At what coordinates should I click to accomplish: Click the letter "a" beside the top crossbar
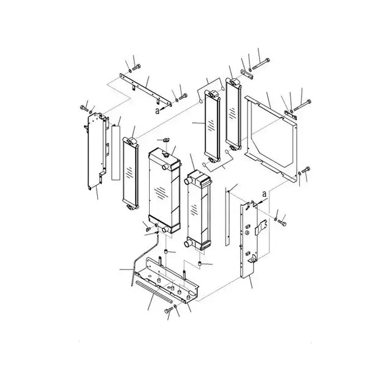[x=157, y=111]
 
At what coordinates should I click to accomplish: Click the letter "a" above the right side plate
[x=264, y=194]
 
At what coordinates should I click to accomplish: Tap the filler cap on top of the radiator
[x=165, y=155]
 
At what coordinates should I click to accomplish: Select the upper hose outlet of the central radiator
[x=164, y=167]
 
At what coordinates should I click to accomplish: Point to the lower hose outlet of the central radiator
[x=164, y=230]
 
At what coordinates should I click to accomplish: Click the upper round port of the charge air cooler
[x=188, y=181]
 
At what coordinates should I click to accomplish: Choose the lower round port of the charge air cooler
[x=188, y=243]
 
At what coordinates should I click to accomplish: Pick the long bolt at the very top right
[x=261, y=64]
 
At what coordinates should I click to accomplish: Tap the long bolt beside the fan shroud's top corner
[x=302, y=105]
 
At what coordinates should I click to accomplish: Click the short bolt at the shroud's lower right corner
[x=306, y=170]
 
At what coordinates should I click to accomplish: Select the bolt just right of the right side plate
[x=282, y=222]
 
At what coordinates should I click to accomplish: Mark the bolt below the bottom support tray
[x=169, y=310]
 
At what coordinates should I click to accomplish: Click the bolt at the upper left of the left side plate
[x=84, y=108]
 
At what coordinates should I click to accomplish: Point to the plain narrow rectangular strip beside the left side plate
[x=115, y=153]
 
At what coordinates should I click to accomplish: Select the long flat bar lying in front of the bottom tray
[x=154, y=291]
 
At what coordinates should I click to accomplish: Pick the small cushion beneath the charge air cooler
[x=200, y=263]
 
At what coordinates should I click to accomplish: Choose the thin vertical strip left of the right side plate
[x=227, y=216]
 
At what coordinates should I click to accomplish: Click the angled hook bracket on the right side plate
[x=261, y=227]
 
